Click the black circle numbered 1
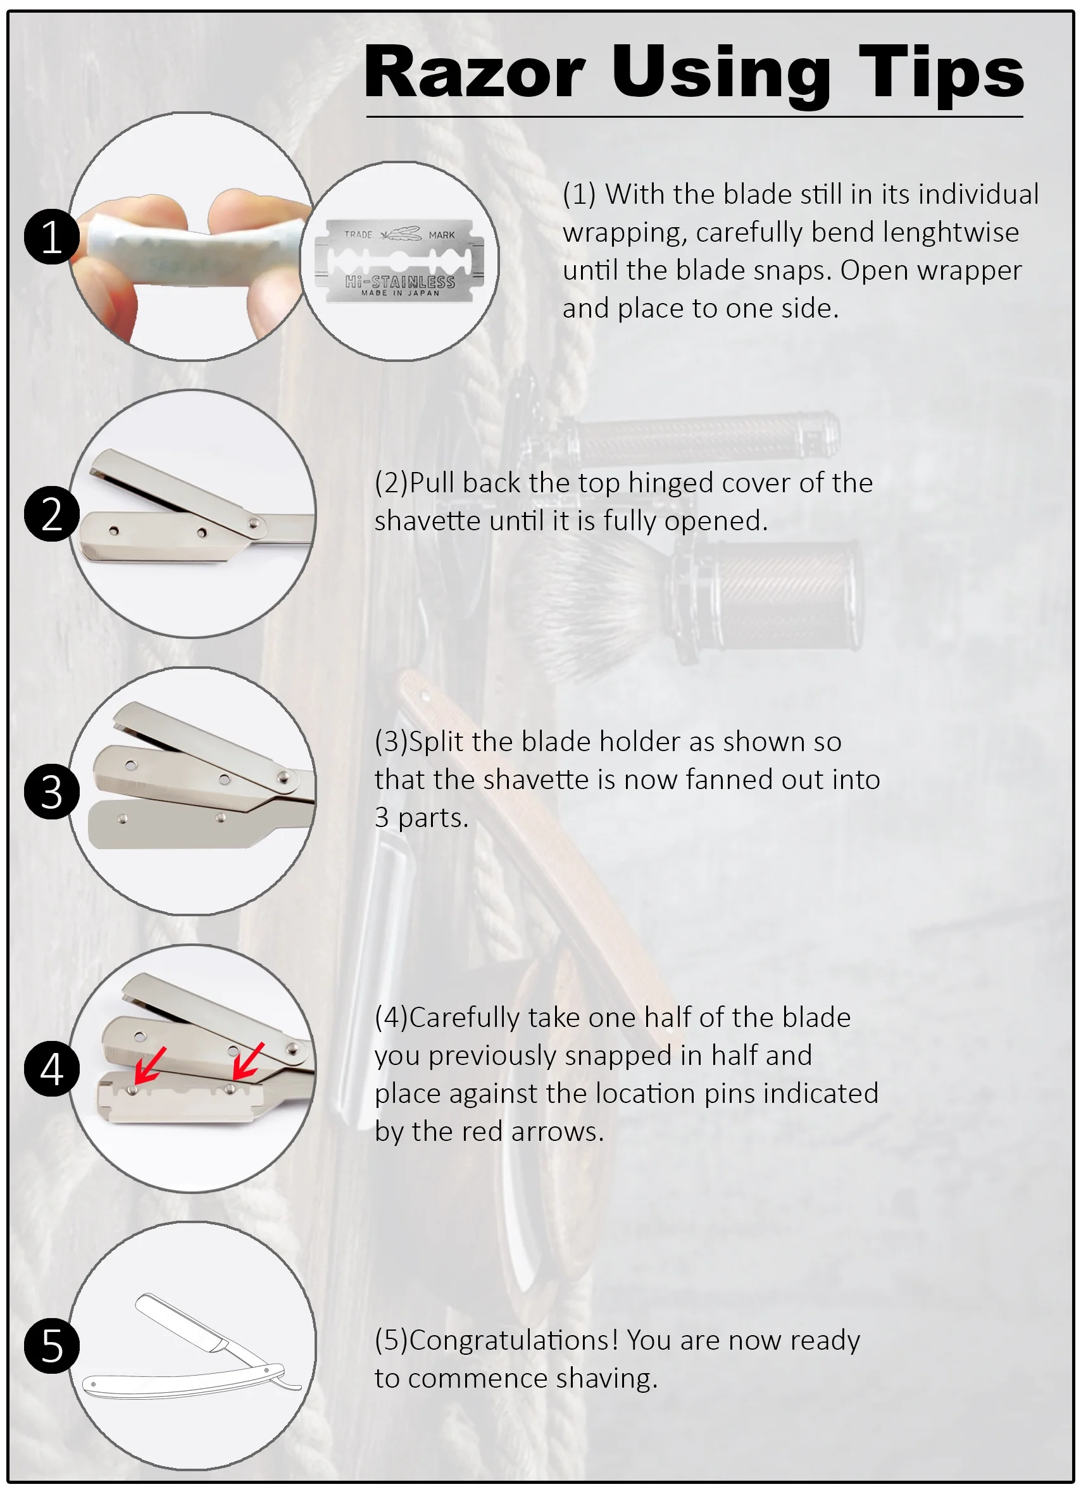51,237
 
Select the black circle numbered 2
51,514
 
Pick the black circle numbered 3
51,791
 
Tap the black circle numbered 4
51,1069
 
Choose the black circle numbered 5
51,1346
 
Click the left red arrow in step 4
149,1066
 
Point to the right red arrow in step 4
248,1061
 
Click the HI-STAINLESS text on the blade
400,282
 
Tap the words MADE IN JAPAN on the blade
400,293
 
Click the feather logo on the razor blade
401,234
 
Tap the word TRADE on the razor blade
358,235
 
